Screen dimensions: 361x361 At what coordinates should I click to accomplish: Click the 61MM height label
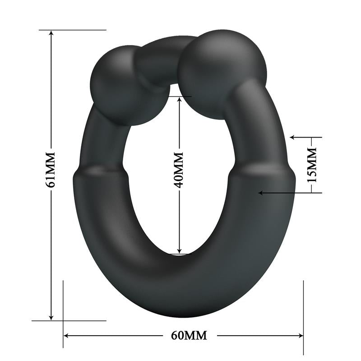tap(51, 169)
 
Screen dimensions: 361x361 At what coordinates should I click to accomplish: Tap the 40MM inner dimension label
tap(179, 170)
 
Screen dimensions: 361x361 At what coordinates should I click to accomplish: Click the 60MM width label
tap(189, 335)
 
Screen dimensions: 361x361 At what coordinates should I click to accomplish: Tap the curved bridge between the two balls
tap(158, 61)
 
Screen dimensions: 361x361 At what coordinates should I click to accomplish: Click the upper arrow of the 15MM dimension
tap(293, 137)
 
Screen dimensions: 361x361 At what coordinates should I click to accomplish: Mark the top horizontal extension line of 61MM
tap(72, 30)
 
